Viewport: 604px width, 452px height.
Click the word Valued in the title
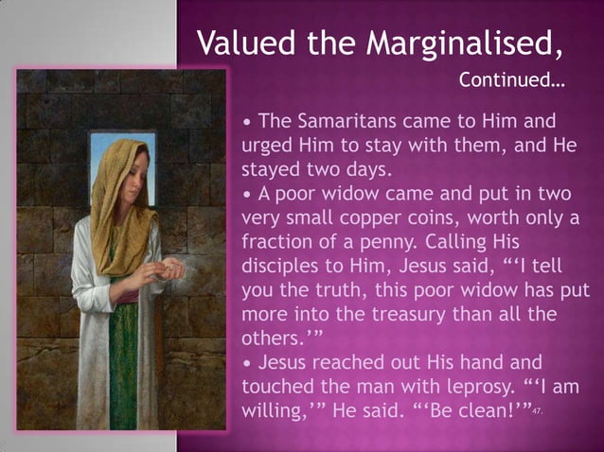coord(240,43)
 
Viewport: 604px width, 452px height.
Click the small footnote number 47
coord(537,414)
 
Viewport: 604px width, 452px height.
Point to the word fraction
coord(281,241)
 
